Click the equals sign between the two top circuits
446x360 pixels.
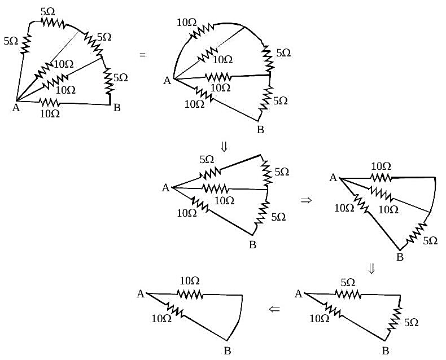[x=142, y=55]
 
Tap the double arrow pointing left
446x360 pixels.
[x=274, y=309]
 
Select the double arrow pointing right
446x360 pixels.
[x=306, y=200]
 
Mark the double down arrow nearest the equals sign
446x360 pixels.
[x=224, y=147]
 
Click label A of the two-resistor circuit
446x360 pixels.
[x=141, y=294]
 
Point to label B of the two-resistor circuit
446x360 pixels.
[x=228, y=351]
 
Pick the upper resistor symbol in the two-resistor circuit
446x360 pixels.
[x=190, y=295]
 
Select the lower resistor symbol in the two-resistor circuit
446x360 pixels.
[x=175, y=310]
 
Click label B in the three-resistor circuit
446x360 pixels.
[x=386, y=350]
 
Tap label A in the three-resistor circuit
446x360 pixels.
[x=299, y=294]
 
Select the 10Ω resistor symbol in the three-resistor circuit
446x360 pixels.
[x=333, y=310]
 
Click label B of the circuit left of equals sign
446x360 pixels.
[x=117, y=108]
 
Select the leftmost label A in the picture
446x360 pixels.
[x=16, y=108]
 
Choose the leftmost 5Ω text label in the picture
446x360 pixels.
[x=11, y=41]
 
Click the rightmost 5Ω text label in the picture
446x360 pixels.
[x=430, y=241]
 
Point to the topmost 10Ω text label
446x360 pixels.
[x=187, y=23]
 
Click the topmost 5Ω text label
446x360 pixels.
[x=48, y=12]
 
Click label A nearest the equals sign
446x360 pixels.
[x=167, y=81]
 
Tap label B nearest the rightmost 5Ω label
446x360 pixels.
[x=400, y=257]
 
